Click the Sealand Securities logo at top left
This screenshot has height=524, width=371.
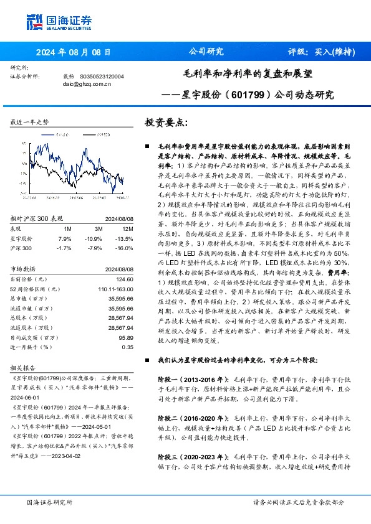[x=51, y=21]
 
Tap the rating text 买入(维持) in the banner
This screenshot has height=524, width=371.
[x=330, y=52]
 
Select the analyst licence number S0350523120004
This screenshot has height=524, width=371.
[x=102, y=77]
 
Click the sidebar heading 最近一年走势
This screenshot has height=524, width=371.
[x=29, y=122]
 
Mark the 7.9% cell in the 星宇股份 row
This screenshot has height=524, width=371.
[x=64, y=238]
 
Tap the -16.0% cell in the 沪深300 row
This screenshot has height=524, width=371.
[x=125, y=247]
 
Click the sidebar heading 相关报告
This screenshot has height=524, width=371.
[x=25, y=368]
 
